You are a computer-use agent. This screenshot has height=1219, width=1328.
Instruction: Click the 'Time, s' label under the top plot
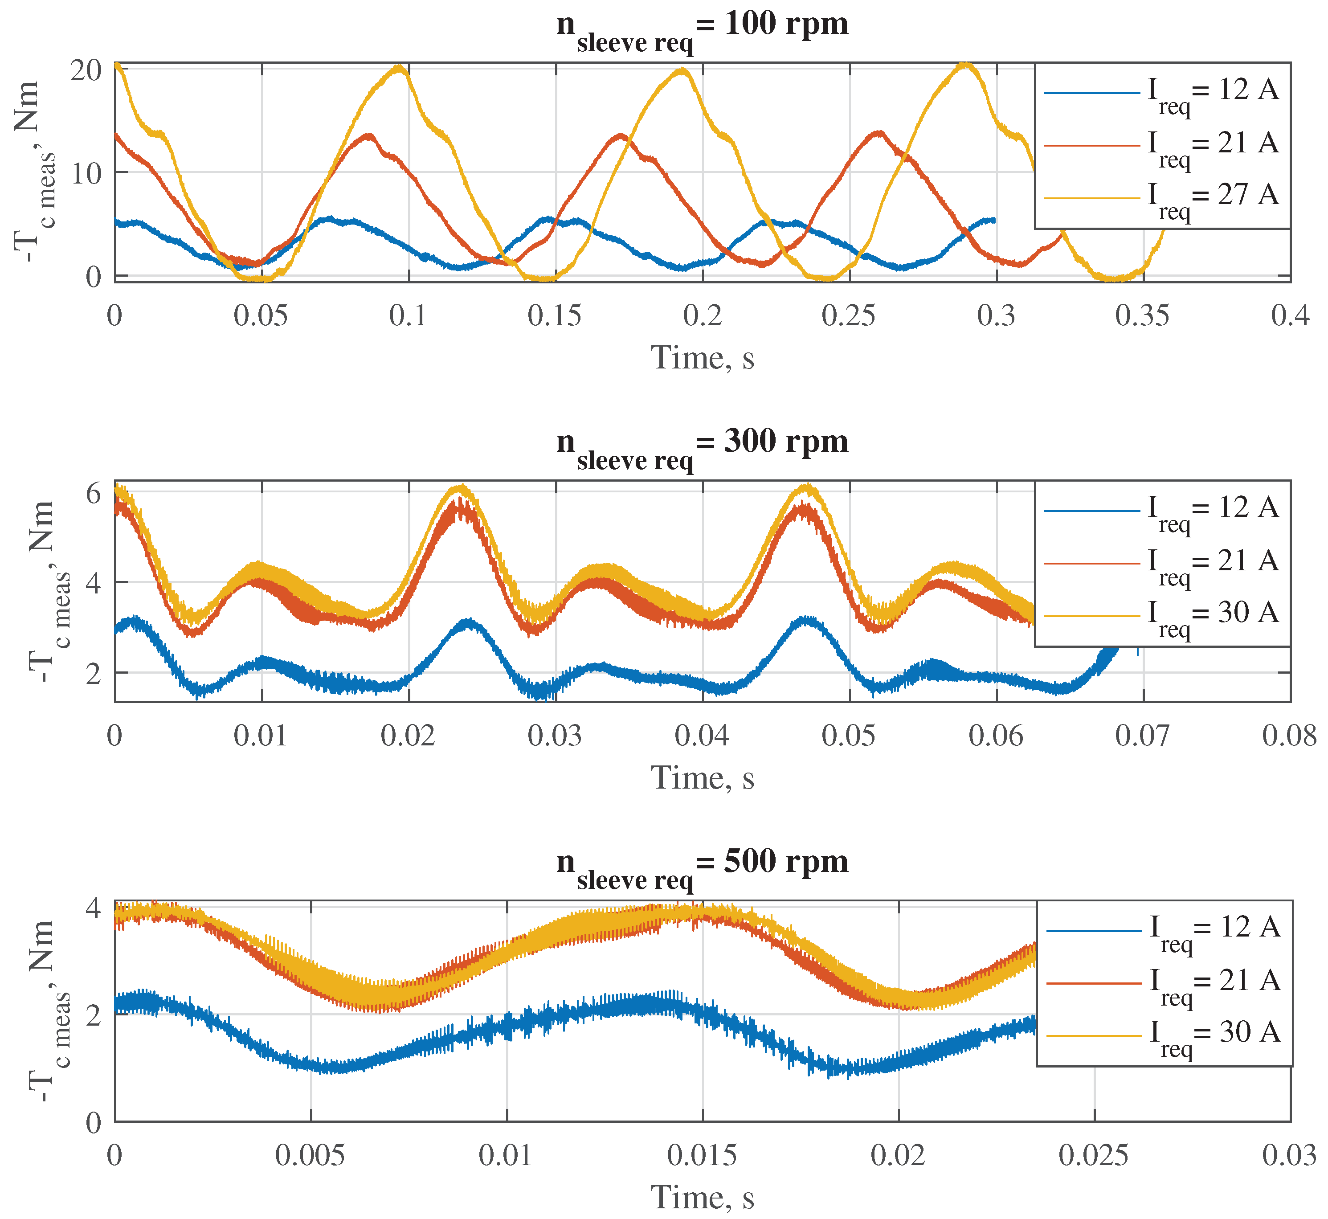tap(702, 358)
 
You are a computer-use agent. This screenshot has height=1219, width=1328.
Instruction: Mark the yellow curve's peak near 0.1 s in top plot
tap(400, 67)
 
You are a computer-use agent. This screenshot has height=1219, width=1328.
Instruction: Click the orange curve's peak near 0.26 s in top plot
tap(879, 133)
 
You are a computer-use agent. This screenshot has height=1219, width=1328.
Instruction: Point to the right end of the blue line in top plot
tap(994, 219)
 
